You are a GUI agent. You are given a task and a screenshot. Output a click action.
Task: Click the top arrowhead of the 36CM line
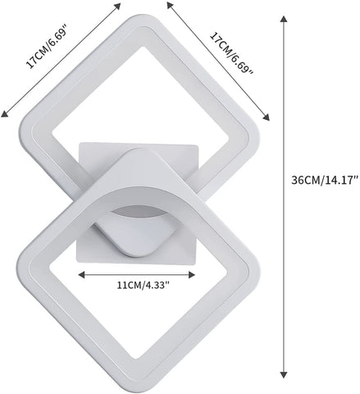[284, 18]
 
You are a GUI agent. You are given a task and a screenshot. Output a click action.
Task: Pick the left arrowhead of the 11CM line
[80, 275]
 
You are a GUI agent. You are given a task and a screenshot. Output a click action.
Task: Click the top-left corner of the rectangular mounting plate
[80, 143]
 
